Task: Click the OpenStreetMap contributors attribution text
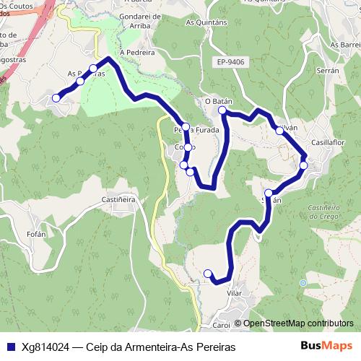pos(297,323)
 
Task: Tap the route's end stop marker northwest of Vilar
pos(208,273)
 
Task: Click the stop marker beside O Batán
pos(223,111)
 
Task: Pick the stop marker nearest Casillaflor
pos(303,165)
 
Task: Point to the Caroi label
pos(221,326)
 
